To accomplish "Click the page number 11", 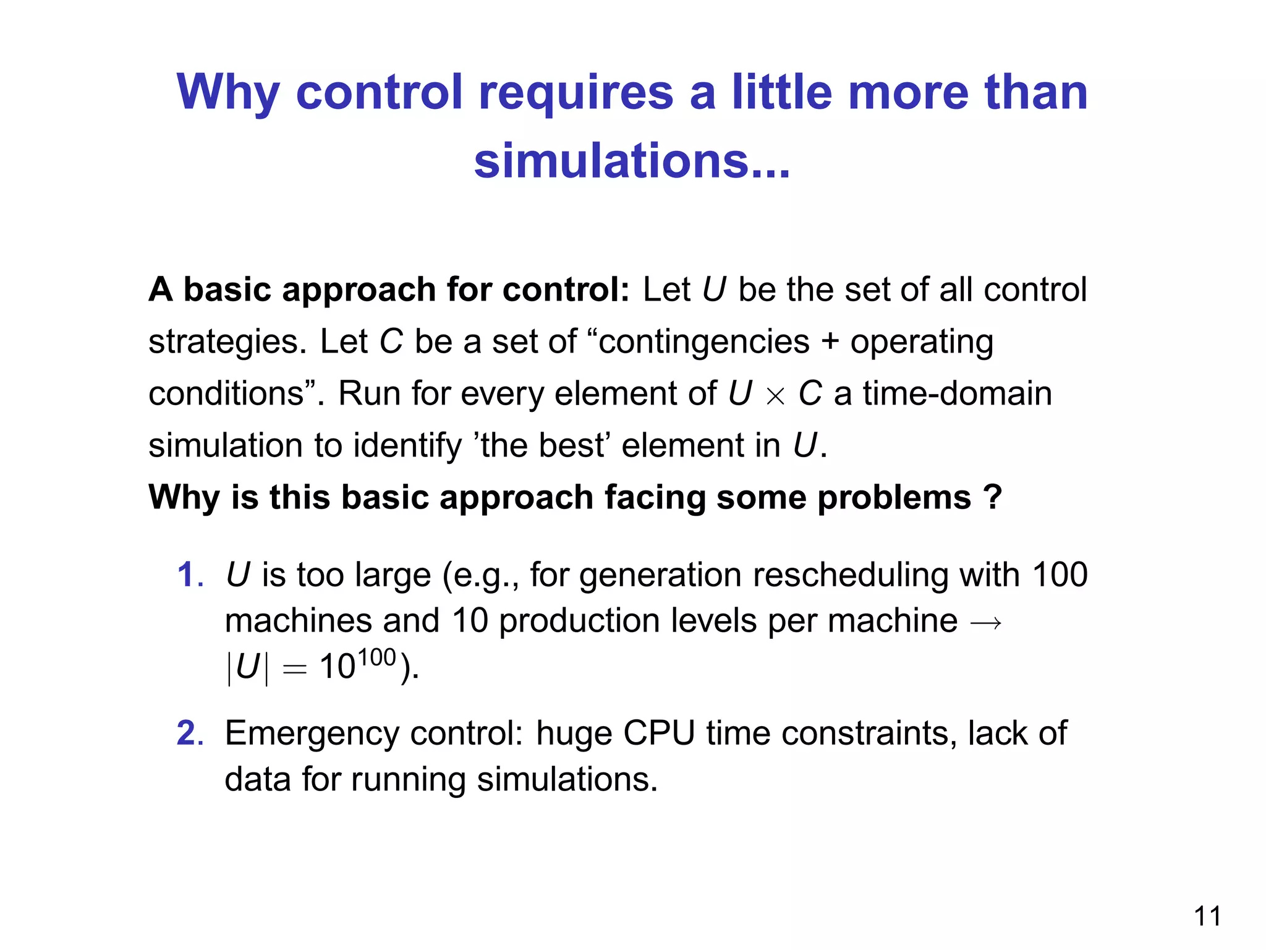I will pos(1207,916).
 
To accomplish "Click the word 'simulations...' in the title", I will pos(632,161).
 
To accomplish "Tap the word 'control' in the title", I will pos(379,93).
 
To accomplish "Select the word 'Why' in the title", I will pos(227,93).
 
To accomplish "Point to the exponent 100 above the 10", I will pos(376,657).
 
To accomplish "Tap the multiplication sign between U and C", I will pos(775,396).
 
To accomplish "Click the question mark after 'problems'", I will pos(992,497).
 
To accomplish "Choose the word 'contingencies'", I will pos(703,341).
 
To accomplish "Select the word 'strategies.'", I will pos(227,343).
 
